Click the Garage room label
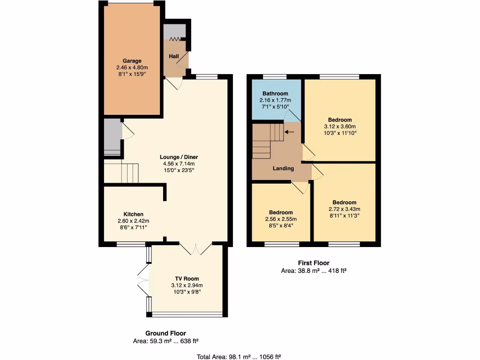(132, 61)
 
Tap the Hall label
(174, 57)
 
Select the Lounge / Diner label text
(178, 157)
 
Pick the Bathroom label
(275, 94)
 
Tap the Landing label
(284, 168)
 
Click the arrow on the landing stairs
(289, 132)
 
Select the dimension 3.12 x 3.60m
(340, 127)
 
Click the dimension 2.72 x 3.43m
(345, 209)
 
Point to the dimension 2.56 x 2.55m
(281, 219)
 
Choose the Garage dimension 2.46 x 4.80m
(132, 67)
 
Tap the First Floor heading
(314, 263)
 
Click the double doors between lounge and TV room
(196, 248)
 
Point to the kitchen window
(131, 244)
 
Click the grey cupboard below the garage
(112, 136)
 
